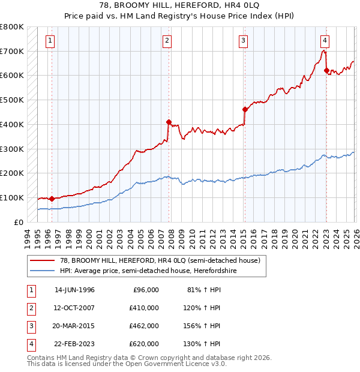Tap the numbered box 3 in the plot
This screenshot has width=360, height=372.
tap(243, 41)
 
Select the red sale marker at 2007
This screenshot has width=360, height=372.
tap(169, 122)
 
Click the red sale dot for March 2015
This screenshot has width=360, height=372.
tap(245, 109)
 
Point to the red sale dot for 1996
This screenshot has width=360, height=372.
tap(52, 199)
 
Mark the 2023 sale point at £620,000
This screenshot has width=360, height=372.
tap(326, 71)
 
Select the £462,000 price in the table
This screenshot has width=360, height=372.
tap(144, 326)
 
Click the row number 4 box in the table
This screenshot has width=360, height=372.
tap(29, 344)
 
